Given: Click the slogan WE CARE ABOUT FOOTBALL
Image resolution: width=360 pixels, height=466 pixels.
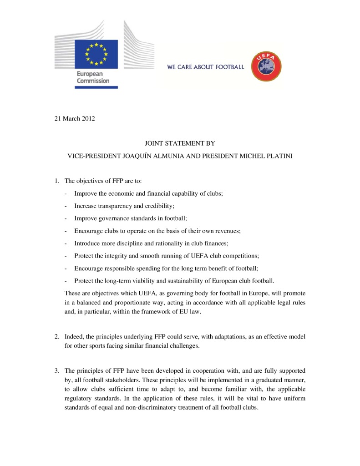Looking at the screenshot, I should coord(206,67).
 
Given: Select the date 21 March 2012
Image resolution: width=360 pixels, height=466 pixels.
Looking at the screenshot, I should coord(72,119).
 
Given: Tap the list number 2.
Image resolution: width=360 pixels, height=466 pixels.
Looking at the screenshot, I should coord(57,337).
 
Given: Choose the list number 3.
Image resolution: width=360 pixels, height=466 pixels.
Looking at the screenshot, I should coord(57,370).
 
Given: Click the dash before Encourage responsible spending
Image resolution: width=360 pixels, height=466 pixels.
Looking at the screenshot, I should coord(66,268).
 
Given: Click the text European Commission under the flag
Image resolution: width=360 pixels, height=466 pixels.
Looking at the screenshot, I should coord(93,77).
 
